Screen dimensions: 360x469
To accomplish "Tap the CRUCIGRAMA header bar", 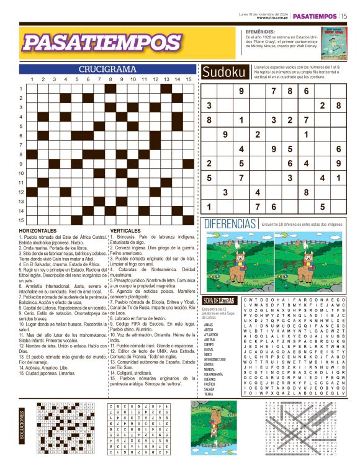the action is [107, 69].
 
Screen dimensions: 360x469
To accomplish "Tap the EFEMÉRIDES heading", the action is [256, 30].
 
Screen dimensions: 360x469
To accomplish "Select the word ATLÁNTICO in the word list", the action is [212, 334].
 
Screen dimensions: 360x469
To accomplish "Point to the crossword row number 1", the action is [20, 89].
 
